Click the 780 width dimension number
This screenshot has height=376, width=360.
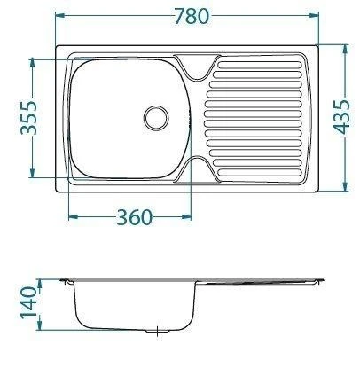click(x=192, y=16)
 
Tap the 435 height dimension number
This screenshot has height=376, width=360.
click(x=341, y=117)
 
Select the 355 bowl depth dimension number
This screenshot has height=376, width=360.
click(x=28, y=118)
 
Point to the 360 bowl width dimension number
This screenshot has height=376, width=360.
click(x=135, y=217)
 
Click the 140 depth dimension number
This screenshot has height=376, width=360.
click(x=28, y=302)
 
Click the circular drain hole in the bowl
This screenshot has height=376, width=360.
click(x=156, y=118)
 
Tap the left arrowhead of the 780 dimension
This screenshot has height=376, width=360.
click(x=60, y=15)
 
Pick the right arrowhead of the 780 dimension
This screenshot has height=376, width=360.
click(x=314, y=15)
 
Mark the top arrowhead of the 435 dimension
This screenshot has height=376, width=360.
click(x=345, y=50)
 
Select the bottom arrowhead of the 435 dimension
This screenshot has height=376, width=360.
click(x=345, y=186)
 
